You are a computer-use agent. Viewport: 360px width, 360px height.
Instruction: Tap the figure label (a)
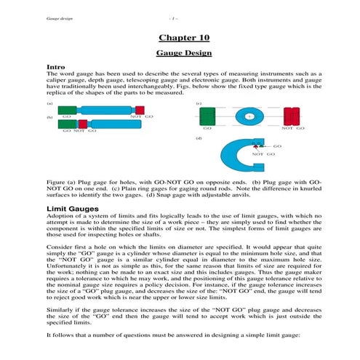(x=49, y=103)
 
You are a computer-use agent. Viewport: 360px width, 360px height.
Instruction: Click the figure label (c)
(x=199, y=103)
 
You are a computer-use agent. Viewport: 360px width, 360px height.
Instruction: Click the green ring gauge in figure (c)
(x=207, y=116)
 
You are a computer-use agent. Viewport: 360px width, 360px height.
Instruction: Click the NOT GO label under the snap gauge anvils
(x=263, y=155)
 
